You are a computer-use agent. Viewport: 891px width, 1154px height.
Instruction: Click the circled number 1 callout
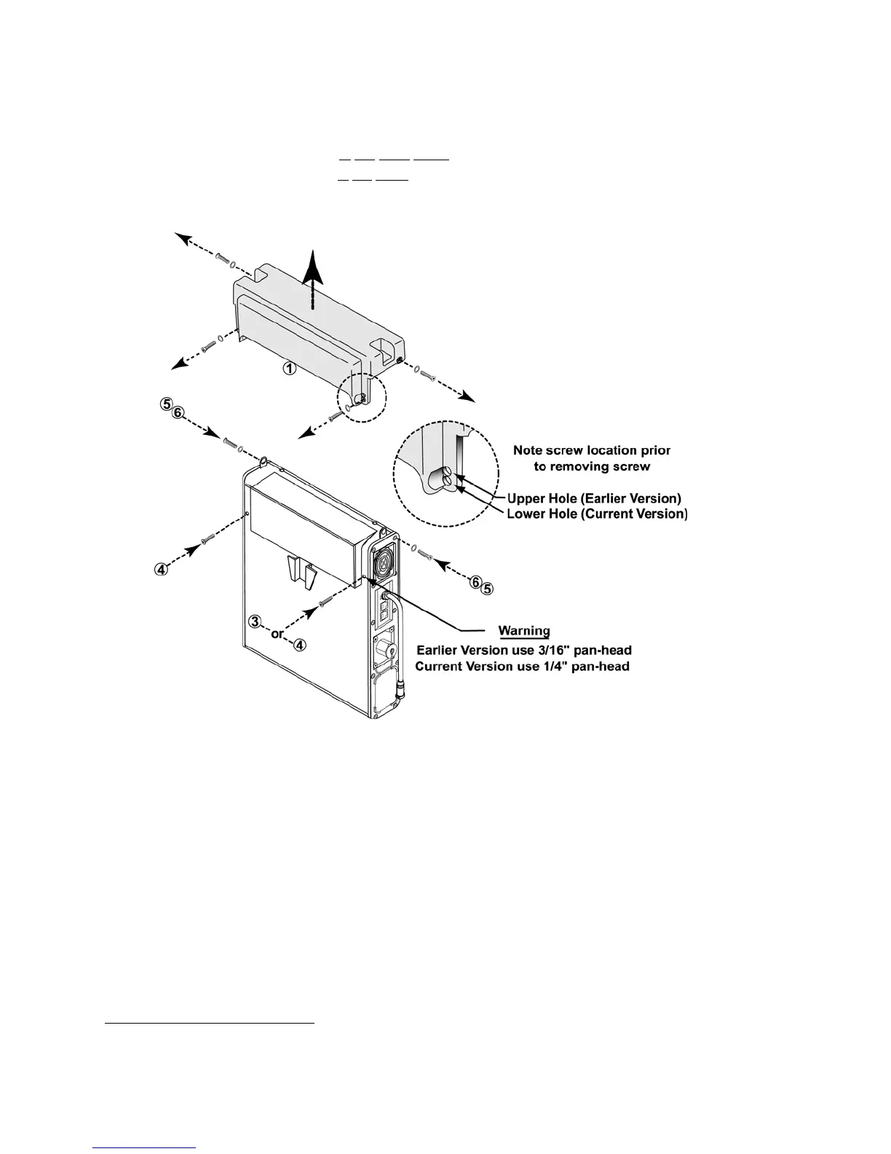pos(289,369)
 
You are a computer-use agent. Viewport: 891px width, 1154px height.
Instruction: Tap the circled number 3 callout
pos(255,621)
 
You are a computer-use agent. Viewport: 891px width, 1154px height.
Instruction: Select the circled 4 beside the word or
pos(300,644)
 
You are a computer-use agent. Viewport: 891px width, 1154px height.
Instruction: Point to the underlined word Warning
pos(523,631)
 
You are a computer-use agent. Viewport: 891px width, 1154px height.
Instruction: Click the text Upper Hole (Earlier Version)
pos(593,499)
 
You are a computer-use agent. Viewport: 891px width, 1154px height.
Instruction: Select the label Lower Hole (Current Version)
pos(596,514)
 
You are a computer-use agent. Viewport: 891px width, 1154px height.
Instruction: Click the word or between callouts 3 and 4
pos(277,634)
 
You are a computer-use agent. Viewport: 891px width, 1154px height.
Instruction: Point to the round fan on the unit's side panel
pos(384,562)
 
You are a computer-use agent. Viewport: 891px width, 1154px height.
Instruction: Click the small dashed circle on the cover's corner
pos(360,399)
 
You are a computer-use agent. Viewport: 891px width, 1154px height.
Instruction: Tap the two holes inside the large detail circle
pos(445,480)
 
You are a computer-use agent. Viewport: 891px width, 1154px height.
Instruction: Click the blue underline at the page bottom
pos(145,1147)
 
